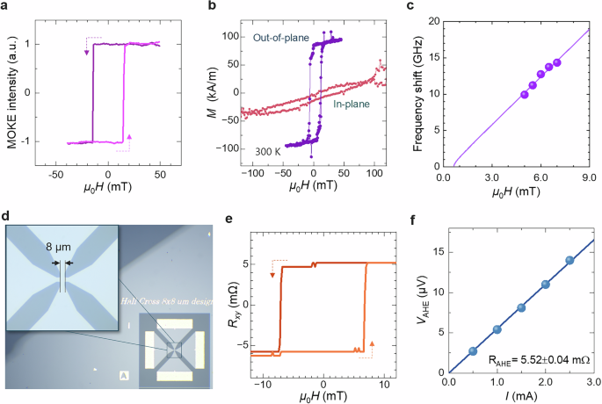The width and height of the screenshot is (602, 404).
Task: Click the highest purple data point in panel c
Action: (x=556, y=62)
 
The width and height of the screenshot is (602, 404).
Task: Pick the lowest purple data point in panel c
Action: (x=525, y=94)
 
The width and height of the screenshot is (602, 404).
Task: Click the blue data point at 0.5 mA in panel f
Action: (x=473, y=350)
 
